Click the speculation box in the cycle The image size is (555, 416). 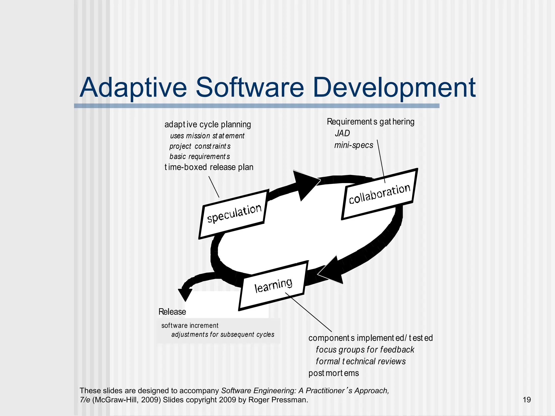(234, 214)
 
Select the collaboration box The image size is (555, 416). (379, 194)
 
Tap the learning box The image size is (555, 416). (273, 285)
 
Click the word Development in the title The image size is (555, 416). (394, 88)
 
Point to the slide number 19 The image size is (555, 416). (527, 400)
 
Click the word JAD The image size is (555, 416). (342, 133)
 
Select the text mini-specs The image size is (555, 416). (354, 145)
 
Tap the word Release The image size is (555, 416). (172, 312)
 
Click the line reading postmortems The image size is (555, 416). (334, 373)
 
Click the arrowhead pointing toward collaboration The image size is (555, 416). (306, 184)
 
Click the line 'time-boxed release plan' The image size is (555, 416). (209, 167)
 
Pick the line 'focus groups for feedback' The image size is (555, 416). (365, 350)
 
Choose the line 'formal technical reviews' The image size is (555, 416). (360, 361)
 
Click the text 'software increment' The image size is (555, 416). (190, 326)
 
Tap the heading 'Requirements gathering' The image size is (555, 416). (370, 122)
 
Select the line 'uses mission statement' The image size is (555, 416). (207, 136)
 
